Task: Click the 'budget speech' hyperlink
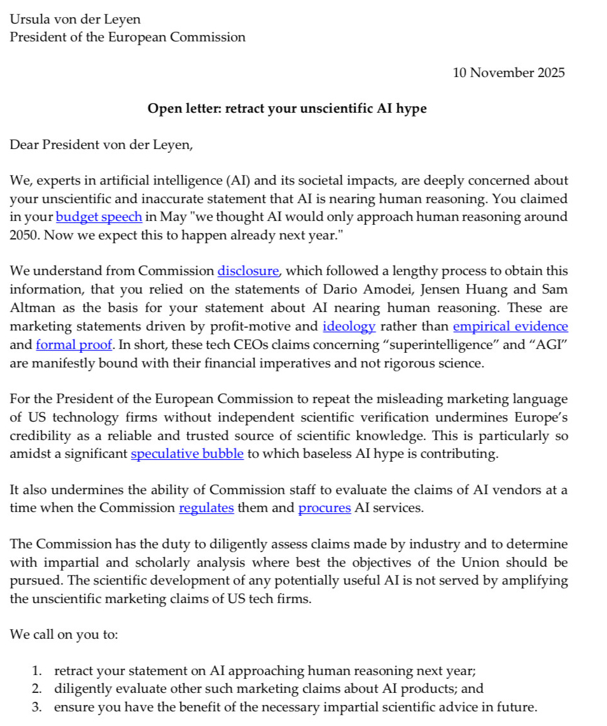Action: [x=99, y=217]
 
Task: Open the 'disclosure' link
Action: [x=248, y=271]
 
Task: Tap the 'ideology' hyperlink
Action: [x=349, y=327]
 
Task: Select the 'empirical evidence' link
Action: [x=510, y=327]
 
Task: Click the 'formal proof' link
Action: [x=74, y=346]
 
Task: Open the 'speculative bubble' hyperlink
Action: [x=187, y=455]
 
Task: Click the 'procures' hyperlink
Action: [x=324, y=509]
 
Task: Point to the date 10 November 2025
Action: [x=508, y=73]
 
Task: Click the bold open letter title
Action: [x=287, y=109]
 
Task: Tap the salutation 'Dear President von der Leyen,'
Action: [x=101, y=145]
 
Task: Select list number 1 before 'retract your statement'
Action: [x=37, y=671]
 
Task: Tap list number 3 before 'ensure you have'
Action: [x=37, y=707]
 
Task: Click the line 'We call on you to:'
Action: [x=64, y=635]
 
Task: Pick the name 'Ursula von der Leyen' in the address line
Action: [x=75, y=19]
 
